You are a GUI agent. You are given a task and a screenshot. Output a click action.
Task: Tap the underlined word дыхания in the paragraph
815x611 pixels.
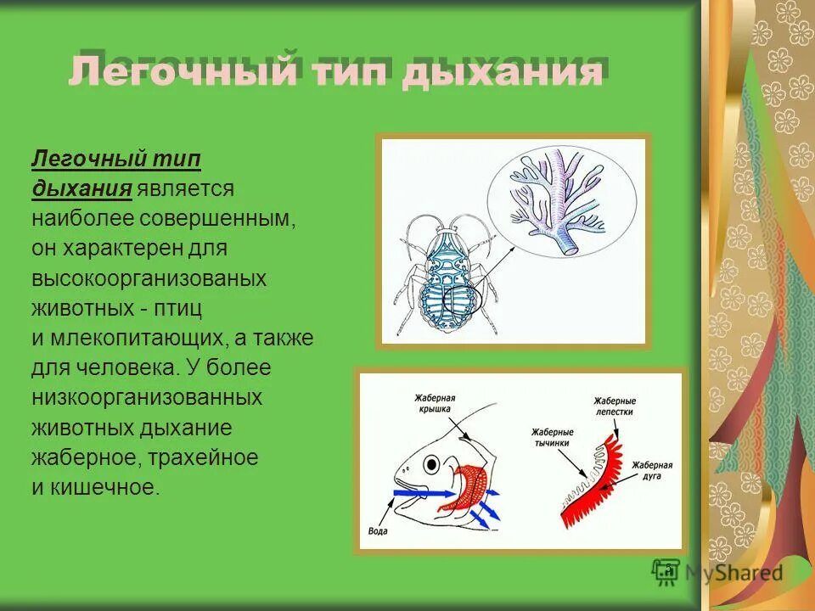81,188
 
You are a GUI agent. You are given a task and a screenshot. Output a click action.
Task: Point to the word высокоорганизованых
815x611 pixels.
149,278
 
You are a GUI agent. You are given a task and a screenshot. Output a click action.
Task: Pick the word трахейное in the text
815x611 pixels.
203,457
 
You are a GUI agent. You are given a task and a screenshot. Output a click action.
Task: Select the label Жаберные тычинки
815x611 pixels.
553,436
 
